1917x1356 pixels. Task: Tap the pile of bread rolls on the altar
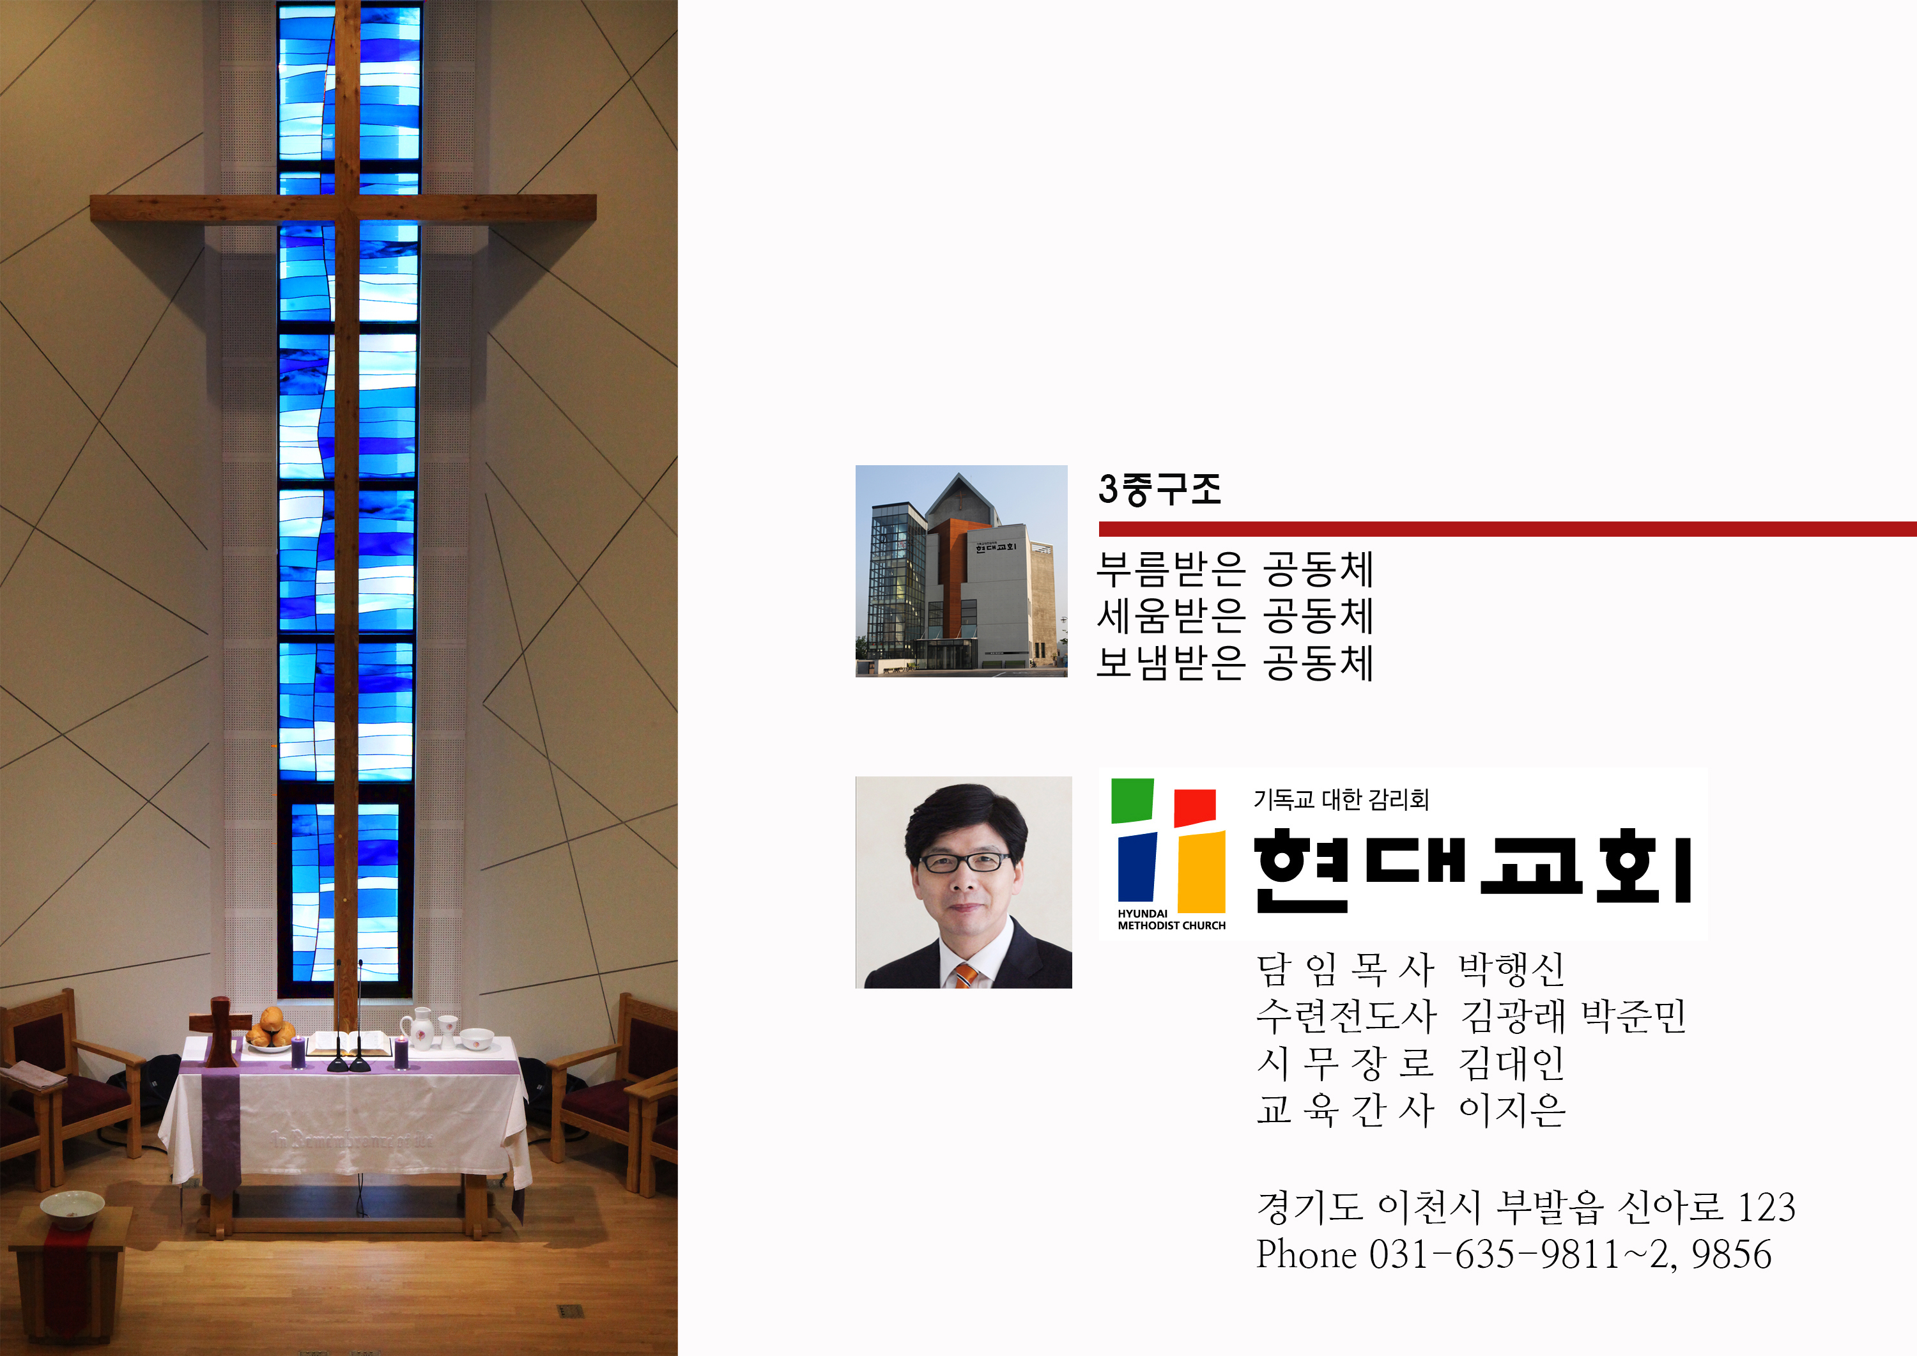270,1029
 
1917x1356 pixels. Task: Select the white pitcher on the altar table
420,1029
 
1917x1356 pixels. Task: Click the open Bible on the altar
349,1044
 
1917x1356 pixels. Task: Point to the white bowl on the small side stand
73,1210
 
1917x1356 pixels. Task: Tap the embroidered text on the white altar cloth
352,1139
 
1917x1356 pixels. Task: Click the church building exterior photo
961,571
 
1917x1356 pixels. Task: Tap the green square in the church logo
1132,800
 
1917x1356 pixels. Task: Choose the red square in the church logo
1195,808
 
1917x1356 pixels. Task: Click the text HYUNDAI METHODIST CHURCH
1171,920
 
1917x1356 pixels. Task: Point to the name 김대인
1511,1063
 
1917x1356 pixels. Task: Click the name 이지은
1512,1110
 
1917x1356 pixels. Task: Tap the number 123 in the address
1766,1207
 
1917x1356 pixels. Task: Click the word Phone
1307,1255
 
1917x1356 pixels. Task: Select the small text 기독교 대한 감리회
1341,800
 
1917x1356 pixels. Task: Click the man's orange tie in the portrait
965,975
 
